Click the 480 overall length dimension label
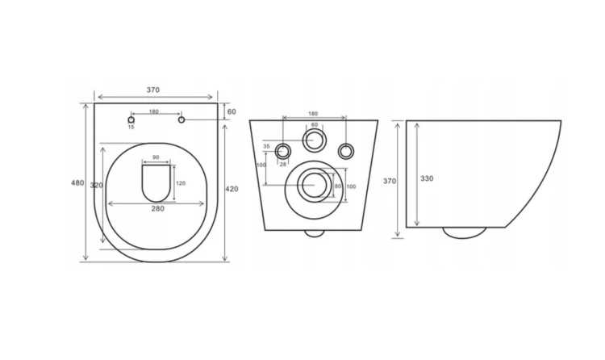point(77,182)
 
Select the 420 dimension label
point(232,189)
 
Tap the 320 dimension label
point(97,186)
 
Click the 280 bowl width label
point(157,208)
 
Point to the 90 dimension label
point(156,157)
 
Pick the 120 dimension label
point(181,183)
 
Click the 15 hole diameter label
point(131,127)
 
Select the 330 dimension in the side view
point(427,178)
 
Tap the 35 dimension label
point(267,146)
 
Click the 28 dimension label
point(283,164)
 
